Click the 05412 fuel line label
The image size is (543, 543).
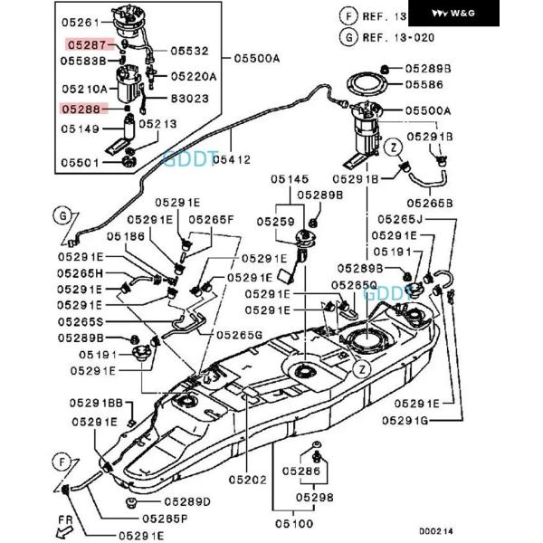coord(232,159)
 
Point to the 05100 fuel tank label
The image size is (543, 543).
coord(295,523)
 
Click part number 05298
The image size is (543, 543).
coord(313,497)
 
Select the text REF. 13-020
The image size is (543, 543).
coord(398,37)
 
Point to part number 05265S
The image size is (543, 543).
coord(86,321)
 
